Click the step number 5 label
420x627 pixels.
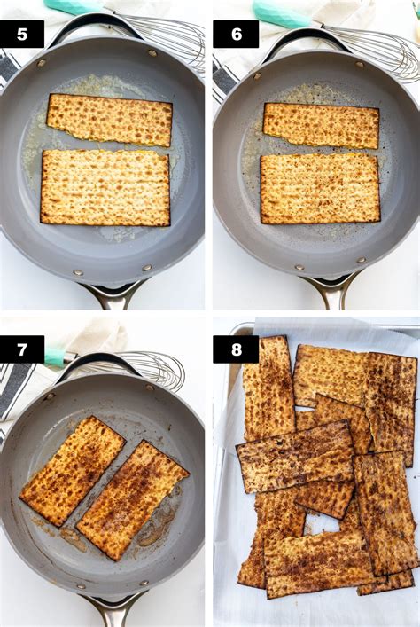(21, 34)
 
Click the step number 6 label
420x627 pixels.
(236, 34)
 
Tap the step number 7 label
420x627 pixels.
(21, 349)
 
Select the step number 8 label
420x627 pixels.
(236, 349)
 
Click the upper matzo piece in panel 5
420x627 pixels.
(109, 120)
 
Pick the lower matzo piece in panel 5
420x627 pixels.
(105, 187)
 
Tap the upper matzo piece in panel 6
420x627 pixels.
(321, 125)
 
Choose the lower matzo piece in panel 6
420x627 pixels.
(320, 188)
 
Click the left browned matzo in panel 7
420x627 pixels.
(73, 470)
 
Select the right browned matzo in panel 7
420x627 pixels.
(132, 499)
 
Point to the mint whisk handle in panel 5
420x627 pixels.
(75, 6)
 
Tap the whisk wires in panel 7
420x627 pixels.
(151, 368)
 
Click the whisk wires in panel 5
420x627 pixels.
(168, 35)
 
